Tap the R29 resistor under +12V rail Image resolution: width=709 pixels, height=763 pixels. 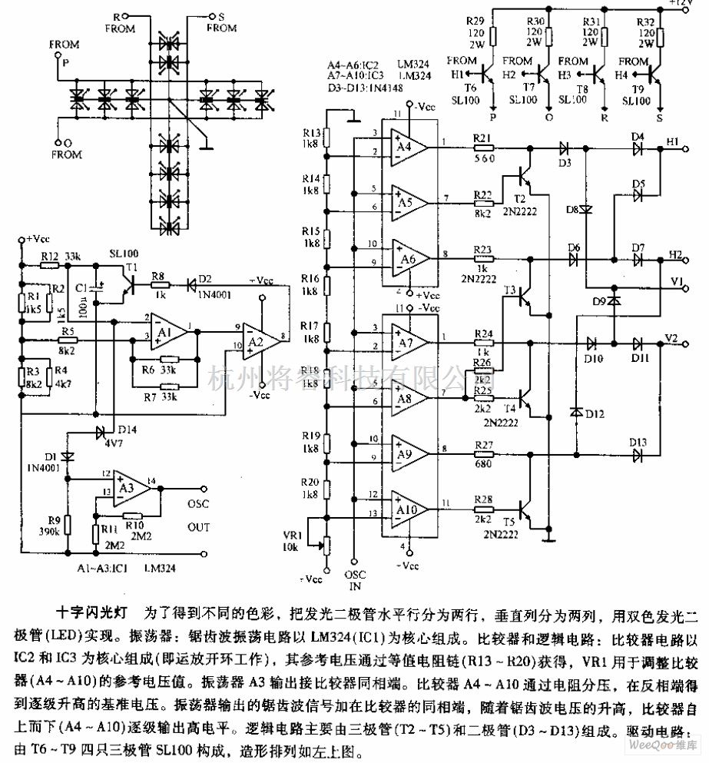pyautogui.click(x=494, y=35)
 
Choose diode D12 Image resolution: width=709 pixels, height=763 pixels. pyautogui.click(x=576, y=413)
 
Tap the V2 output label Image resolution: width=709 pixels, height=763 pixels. pyautogui.click(x=672, y=337)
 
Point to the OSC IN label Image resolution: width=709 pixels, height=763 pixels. pyautogui.click(x=354, y=580)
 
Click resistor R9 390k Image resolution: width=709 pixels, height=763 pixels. pyautogui.click(x=68, y=525)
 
